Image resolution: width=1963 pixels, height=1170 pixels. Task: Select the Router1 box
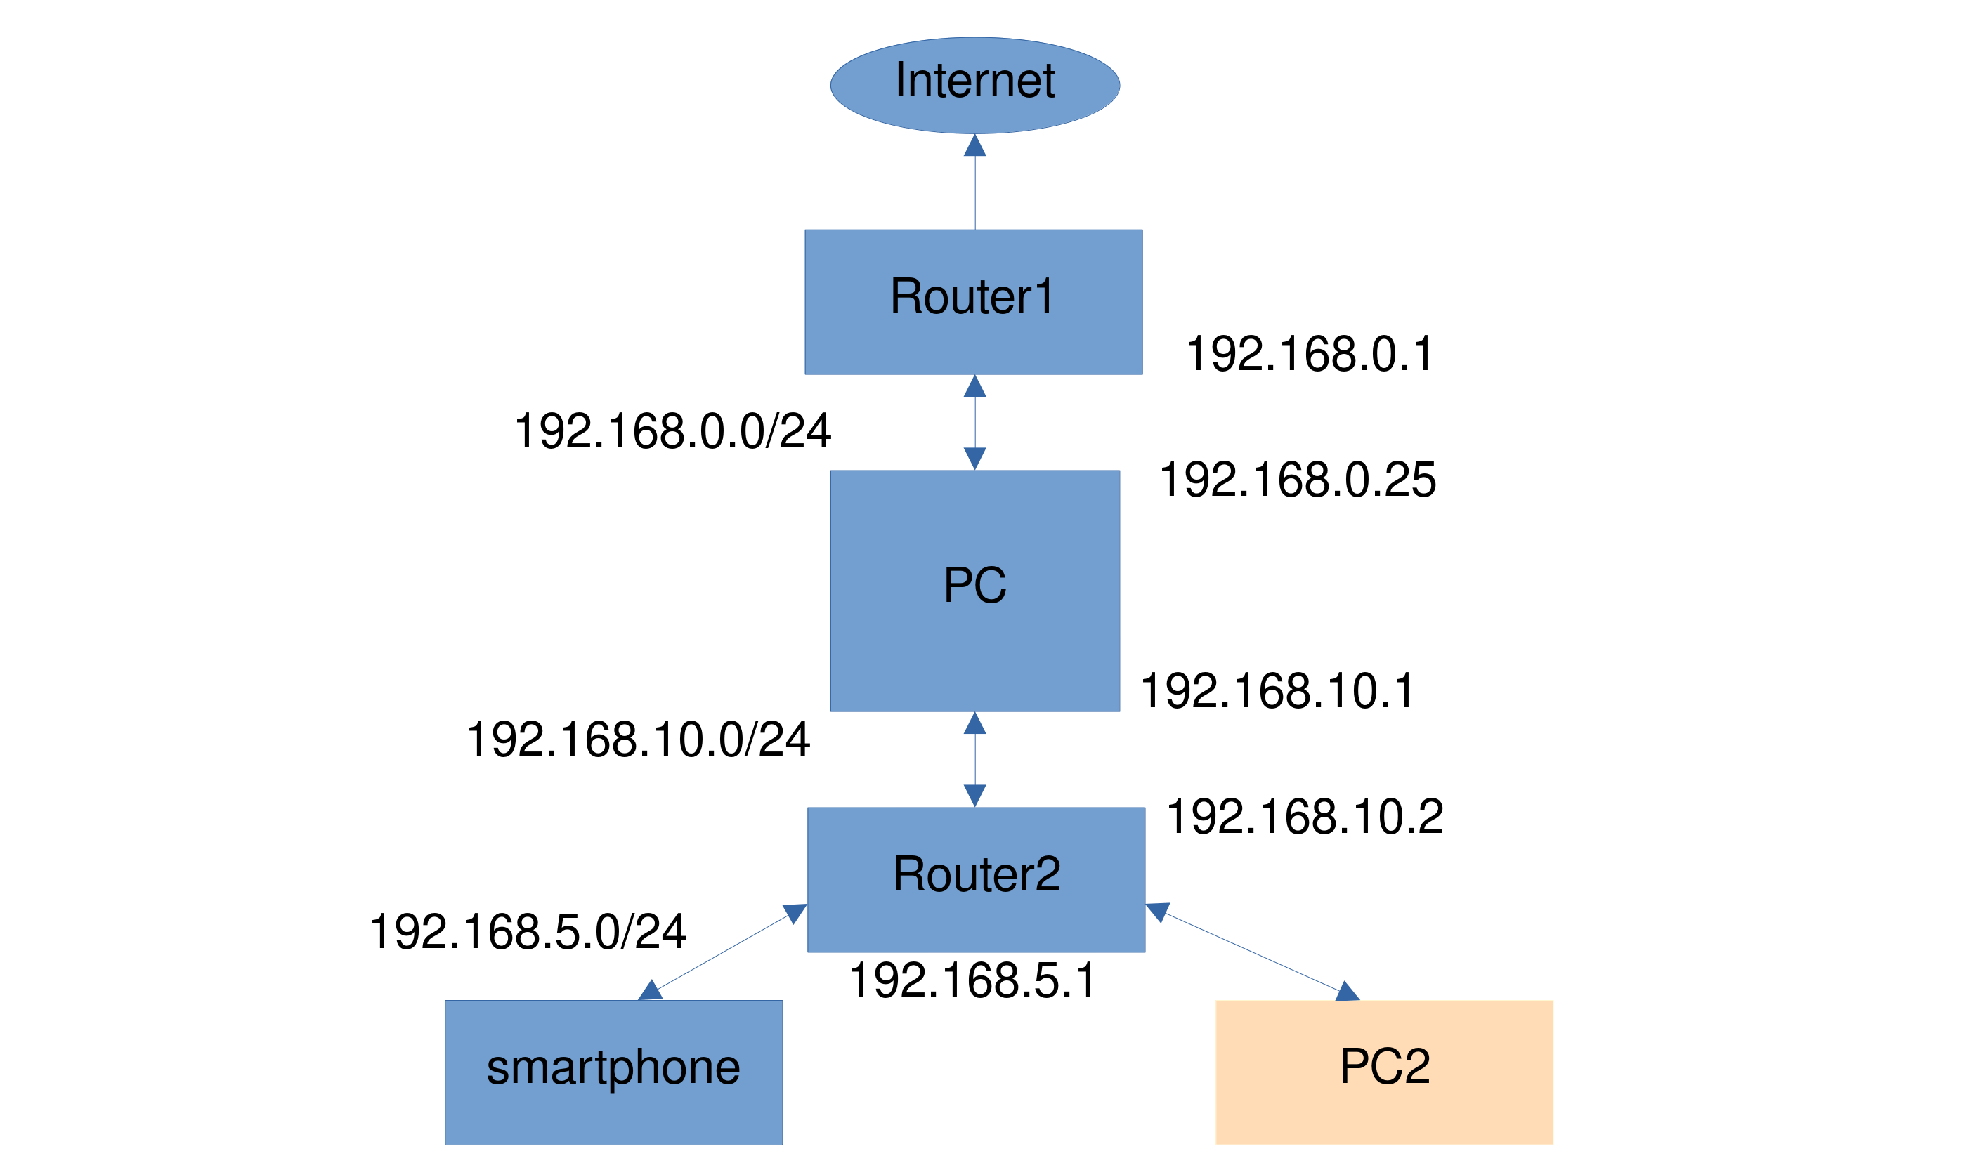tap(973, 302)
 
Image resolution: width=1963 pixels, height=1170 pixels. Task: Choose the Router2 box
tap(977, 880)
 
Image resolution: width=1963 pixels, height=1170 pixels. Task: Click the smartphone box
tap(613, 1073)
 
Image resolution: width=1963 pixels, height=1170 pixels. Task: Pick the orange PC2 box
tap(1384, 1073)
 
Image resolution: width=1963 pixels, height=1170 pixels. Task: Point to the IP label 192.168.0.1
tap(1309, 353)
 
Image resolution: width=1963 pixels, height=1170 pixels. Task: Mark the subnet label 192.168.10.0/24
tap(639, 740)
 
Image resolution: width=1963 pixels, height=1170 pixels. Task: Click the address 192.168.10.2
tap(1305, 816)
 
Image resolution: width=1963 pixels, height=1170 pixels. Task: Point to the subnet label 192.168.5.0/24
tap(528, 932)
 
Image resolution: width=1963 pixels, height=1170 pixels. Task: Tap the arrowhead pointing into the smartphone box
tap(651, 990)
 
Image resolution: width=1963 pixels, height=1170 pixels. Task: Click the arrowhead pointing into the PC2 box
tap(1347, 991)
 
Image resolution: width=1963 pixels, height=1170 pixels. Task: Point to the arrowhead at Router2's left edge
tap(795, 913)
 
